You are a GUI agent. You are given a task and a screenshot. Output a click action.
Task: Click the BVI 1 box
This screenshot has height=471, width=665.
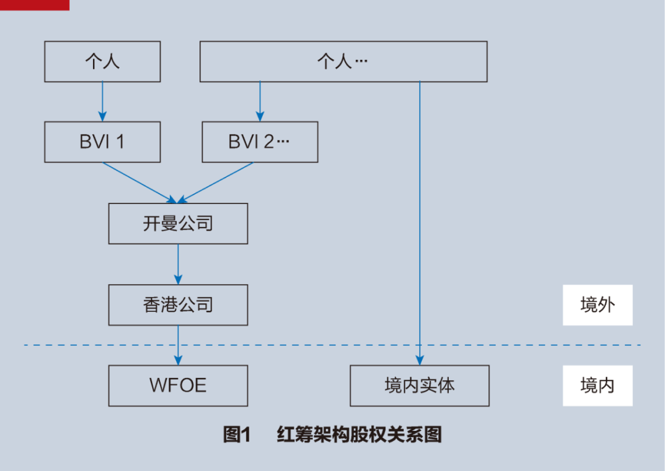pos(102,142)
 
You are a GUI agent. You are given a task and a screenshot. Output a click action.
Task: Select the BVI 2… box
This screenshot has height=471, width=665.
pos(260,142)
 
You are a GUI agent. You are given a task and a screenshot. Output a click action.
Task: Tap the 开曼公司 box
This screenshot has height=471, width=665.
pos(178,223)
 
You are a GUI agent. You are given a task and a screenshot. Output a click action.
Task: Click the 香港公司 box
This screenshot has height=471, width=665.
pos(178,305)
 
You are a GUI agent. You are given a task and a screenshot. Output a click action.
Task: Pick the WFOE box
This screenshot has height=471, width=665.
pos(178,385)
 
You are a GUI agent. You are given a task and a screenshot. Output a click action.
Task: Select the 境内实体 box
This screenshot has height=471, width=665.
pos(419,385)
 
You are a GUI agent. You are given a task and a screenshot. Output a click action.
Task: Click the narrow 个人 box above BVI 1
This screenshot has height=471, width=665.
pos(102,62)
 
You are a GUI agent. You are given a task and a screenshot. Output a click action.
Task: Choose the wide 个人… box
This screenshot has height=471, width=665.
pos(343,62)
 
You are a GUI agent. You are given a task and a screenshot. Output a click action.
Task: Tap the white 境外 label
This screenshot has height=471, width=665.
pos(597,305)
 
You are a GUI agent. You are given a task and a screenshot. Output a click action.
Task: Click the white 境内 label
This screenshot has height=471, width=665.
pos(597,385)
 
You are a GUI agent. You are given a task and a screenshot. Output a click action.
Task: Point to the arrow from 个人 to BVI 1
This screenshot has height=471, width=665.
pos(102,101)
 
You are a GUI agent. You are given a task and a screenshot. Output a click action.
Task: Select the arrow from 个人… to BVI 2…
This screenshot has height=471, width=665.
pos(260,101)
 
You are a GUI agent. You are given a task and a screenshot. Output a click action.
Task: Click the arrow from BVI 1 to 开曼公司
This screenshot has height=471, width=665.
pos(139,182)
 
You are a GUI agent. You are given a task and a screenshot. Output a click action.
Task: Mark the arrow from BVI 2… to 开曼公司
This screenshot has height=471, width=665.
pos(216,182)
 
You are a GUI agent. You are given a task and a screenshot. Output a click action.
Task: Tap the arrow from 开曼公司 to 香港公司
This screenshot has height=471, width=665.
pos(178,264)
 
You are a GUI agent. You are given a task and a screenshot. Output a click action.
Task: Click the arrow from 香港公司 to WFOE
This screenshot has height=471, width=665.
pos(178,345)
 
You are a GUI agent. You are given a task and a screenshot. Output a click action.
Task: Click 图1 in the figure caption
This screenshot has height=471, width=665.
pos(238,435)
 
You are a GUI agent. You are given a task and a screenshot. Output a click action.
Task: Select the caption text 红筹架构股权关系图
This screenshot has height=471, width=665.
pos(359,435)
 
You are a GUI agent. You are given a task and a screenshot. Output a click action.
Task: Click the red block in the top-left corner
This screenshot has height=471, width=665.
pos(34,5)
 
